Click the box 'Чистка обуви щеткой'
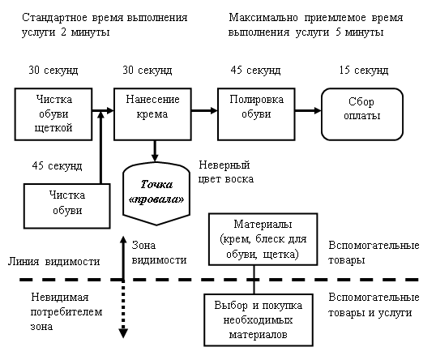[53, 114]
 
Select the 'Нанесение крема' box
[152, 114]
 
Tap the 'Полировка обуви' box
[256, 114]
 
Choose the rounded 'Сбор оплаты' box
[362, 114]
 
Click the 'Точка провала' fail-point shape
[156, 193]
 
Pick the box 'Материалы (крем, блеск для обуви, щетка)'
[263, 239]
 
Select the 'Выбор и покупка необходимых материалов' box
[259, 320]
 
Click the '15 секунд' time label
[364, 70]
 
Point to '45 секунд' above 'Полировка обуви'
[255, 70]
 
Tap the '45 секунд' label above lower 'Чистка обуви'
[57, 166]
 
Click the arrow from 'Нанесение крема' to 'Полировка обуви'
[204, 111]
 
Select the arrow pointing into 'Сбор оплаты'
[309, 111]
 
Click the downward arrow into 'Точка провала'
[155, 151]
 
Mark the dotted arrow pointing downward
[123, 309]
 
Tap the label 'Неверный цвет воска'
[226, 172]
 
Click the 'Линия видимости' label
[54, 262]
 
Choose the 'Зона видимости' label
[159, 253]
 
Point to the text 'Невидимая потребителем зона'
[66, 312]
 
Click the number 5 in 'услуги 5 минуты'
[338, 32]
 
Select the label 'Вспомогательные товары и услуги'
[374, 305]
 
